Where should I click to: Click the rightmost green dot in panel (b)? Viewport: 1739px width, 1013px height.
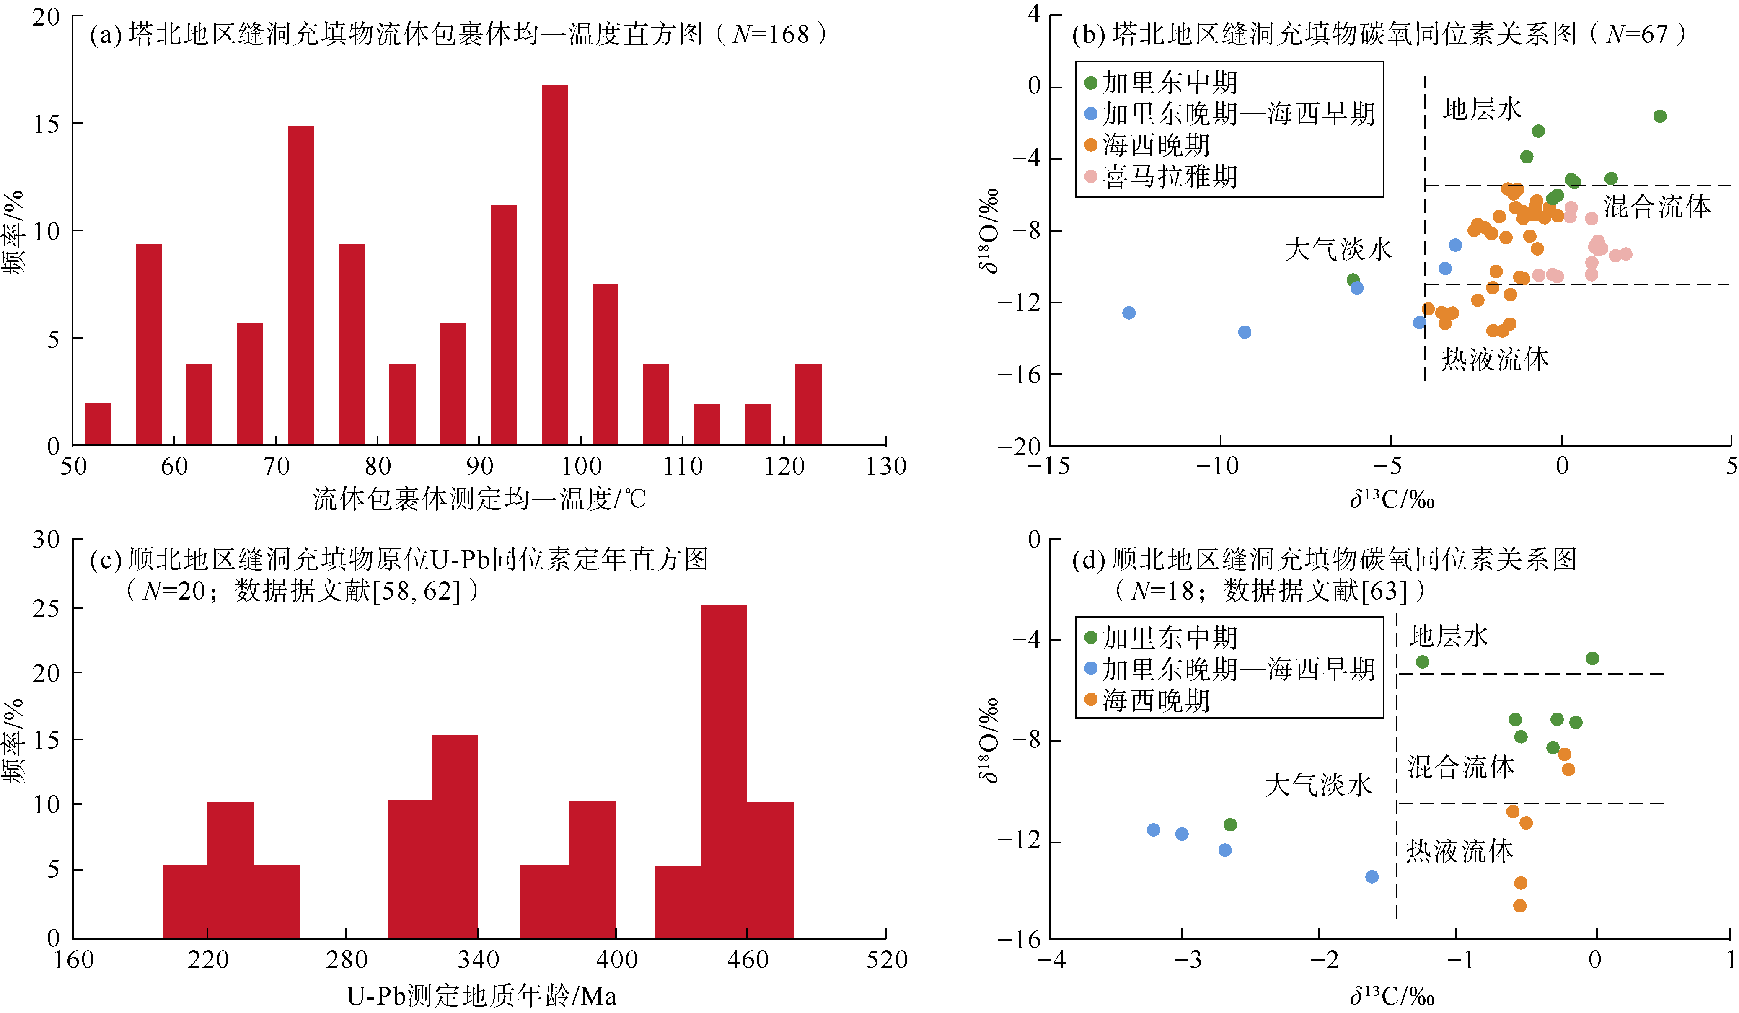(1660, 116)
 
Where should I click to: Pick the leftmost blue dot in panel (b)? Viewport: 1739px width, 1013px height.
(1128, 313)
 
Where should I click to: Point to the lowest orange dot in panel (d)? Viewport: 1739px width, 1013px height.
(1519, 905)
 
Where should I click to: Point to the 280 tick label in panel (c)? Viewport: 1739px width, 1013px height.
(347, 959)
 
